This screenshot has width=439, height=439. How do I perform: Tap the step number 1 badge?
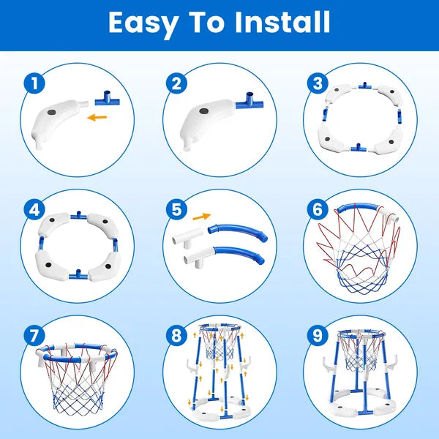31,83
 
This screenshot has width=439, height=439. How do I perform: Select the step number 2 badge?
173,83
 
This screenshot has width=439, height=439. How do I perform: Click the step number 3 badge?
316,83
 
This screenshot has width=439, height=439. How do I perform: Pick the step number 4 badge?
31,209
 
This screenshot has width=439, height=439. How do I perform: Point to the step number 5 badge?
173,209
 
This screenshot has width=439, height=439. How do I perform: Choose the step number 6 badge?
316,209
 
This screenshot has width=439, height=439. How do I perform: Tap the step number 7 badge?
31,335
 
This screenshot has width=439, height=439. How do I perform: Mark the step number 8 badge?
173,335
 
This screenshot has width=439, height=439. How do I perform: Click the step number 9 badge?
316,335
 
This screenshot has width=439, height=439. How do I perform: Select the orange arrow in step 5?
202,217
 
